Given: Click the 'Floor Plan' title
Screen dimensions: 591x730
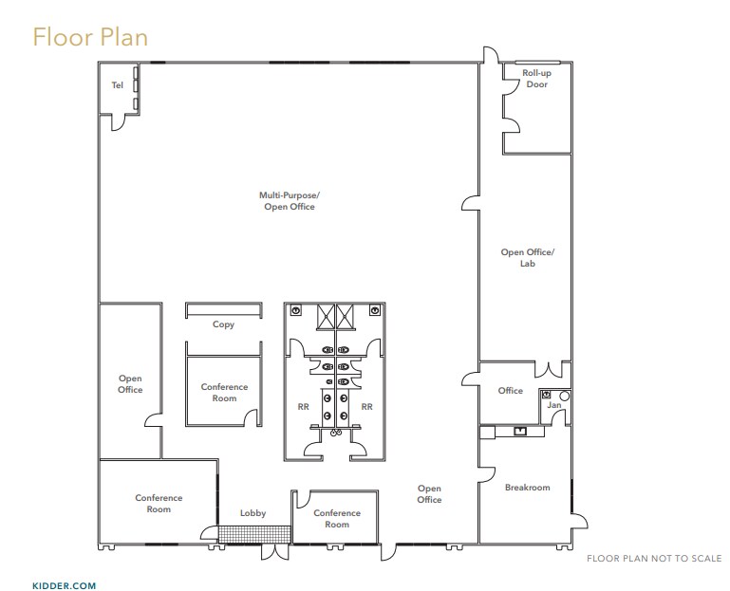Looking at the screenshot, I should (x=90, y=37).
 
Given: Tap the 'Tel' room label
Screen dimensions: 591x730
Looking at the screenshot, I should (x=117, y=85).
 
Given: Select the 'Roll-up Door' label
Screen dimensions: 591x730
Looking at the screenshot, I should (x=536, y=79).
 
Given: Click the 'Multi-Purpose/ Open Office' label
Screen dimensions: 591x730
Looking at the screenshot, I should (x=289, y=200).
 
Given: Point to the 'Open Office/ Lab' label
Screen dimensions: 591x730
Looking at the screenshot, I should (x=527, y=257).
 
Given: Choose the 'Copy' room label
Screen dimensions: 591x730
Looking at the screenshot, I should (x=223, y=324).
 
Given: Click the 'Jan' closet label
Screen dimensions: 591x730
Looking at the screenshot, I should (x=553, y=405).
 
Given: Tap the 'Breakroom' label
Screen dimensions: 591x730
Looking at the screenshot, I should (x=527, y=488).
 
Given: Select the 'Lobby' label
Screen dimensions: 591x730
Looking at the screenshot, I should (x=253, y=513).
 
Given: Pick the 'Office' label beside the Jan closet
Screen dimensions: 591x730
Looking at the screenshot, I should (x=510, y=391).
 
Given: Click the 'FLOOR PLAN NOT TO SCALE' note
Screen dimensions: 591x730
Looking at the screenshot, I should (x=654, y=558).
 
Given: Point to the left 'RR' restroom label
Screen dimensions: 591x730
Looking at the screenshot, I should (x=303, y=406).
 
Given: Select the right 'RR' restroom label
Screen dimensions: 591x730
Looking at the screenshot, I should (x=366, y=406).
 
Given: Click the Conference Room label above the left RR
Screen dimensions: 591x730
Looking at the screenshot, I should (x=224, y=392).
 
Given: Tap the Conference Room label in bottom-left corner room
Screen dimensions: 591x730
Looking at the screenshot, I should (x=159, y=503).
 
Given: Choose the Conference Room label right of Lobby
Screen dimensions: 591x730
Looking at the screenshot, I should (x=337, y=518).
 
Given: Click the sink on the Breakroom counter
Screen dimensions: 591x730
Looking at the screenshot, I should (x=519, y=432).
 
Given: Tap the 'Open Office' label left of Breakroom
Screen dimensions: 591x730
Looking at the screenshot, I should (x=429, y=494).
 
